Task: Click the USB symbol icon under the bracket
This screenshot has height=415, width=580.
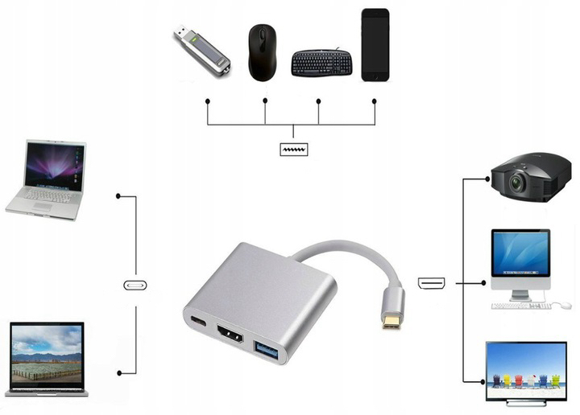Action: click(x=292, y=150)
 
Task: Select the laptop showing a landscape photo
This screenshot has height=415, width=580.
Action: click(x=47, y=359)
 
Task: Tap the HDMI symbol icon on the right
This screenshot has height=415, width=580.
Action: click(x=431, y=283)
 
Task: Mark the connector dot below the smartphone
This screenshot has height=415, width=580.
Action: click(x=375, y=101)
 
